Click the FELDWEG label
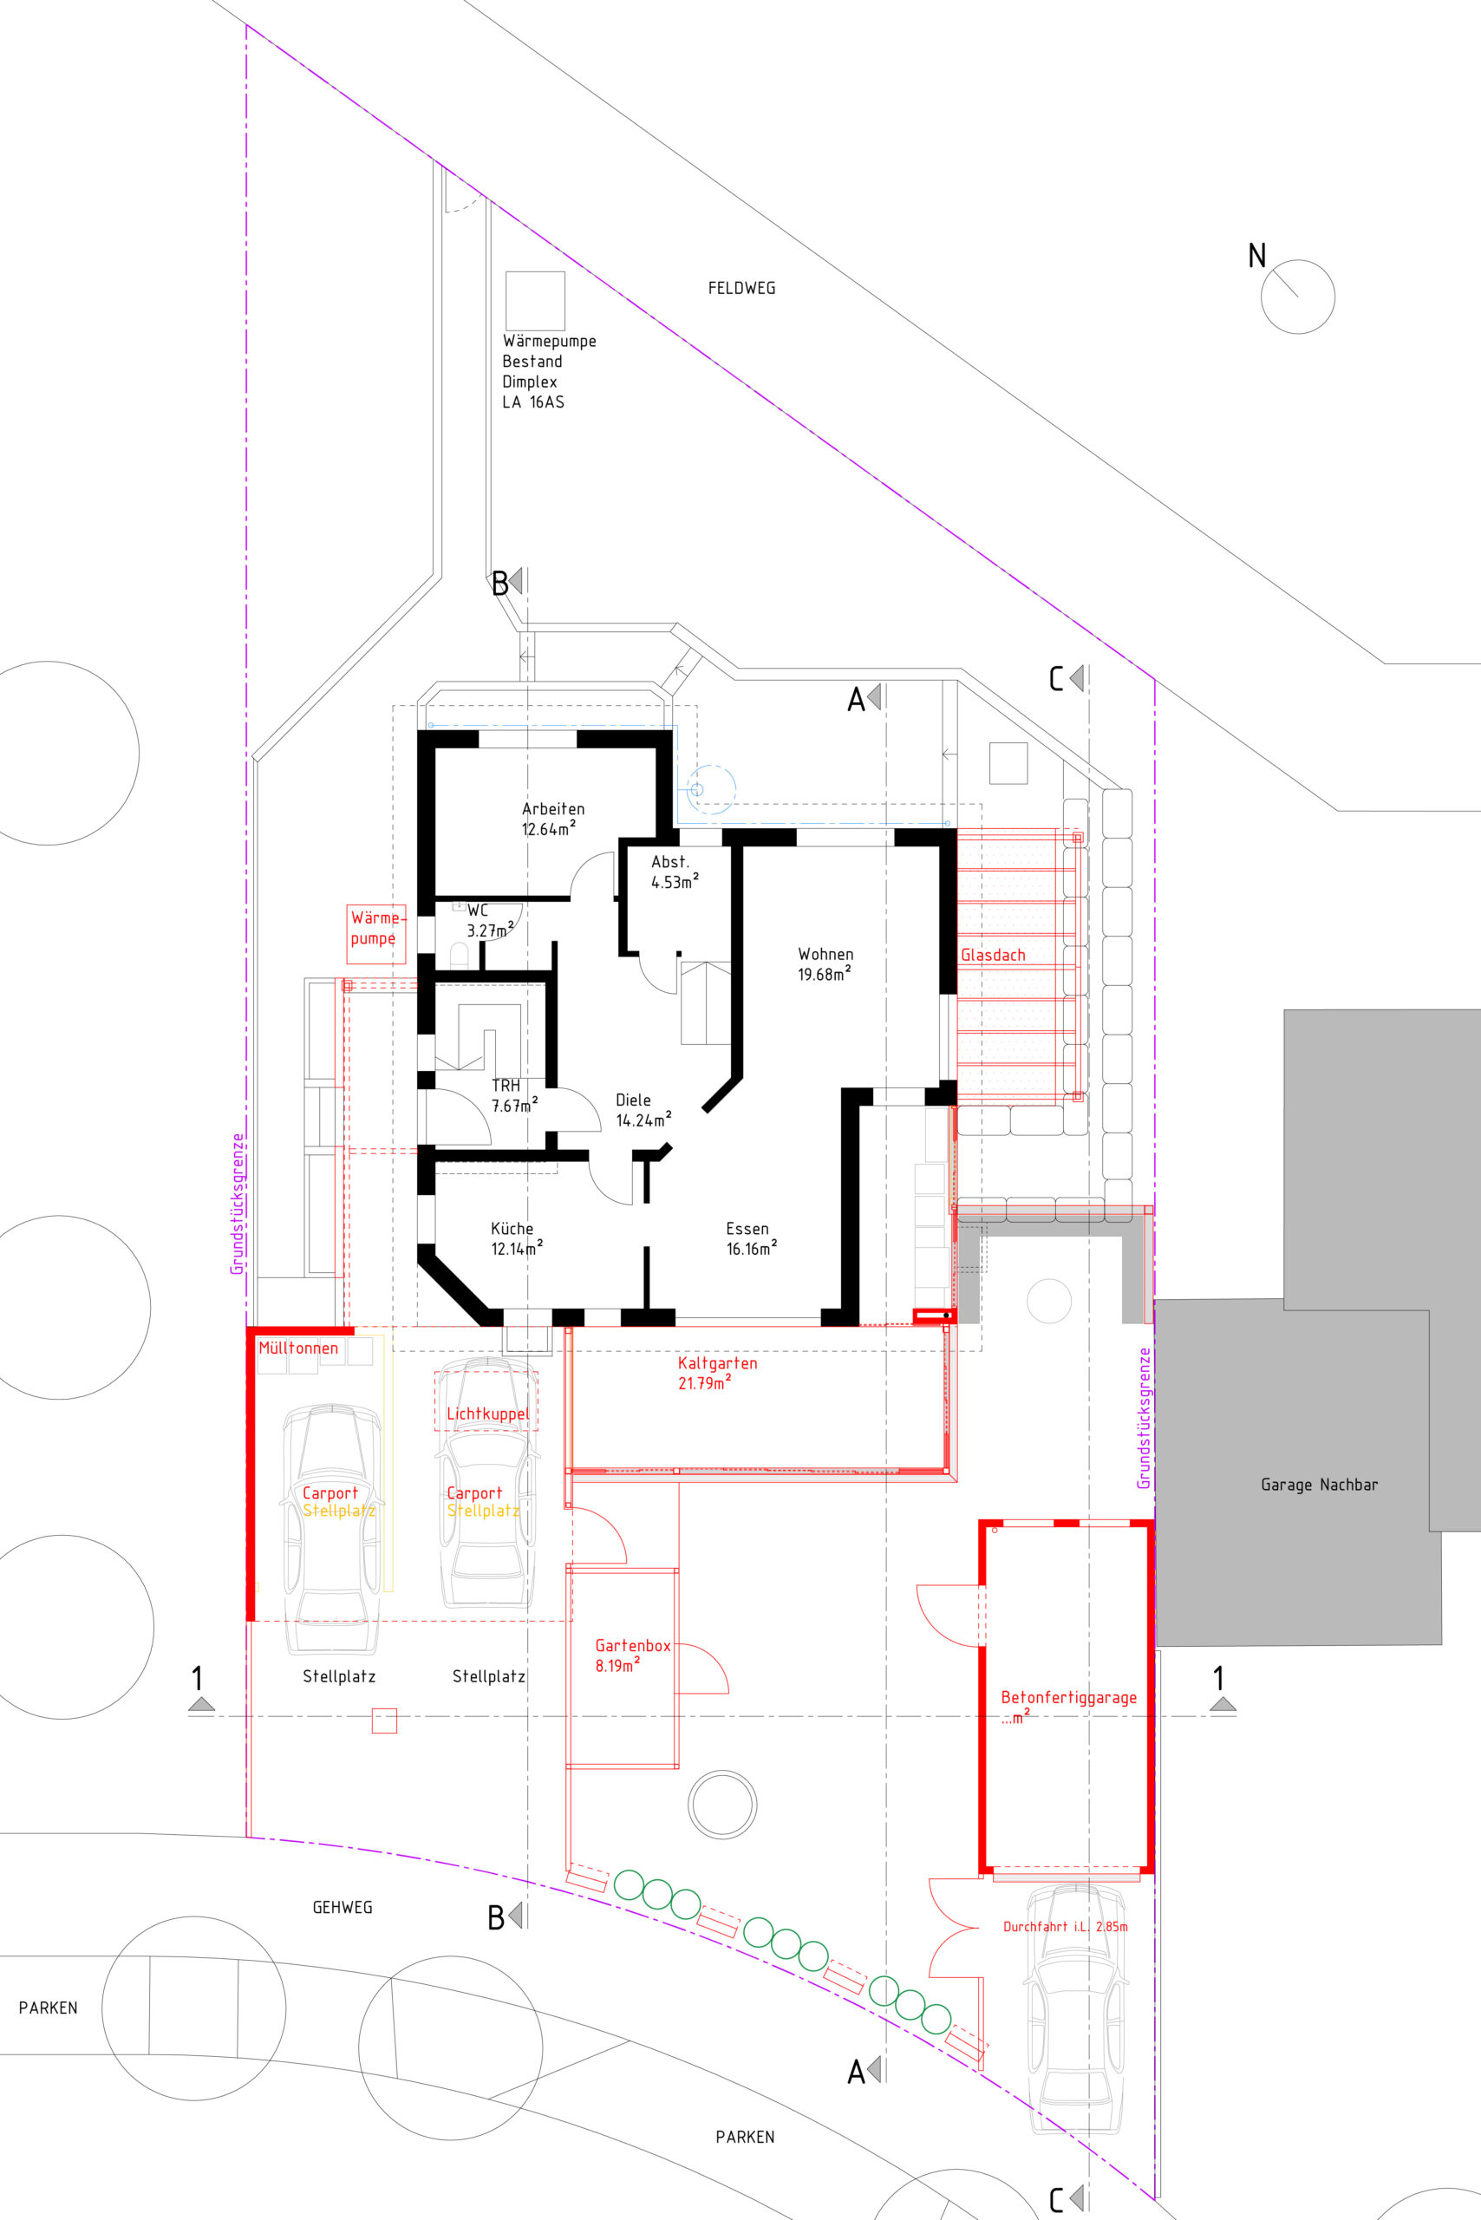tap(741, 288)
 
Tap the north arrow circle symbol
tap(1297, 297)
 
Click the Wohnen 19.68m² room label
tap(825, 964)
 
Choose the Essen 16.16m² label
tap(752, 1238)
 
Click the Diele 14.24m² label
tap(643, 1110)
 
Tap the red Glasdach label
tap(993, 955)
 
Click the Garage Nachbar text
tap(1319, 1485)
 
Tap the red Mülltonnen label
tap(298, 1348)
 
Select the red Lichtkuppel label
tap(487, 1414)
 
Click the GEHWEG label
tap(342, 1907)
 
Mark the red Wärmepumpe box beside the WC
tap(376, 934)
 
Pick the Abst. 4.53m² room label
tap(675, 872)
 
